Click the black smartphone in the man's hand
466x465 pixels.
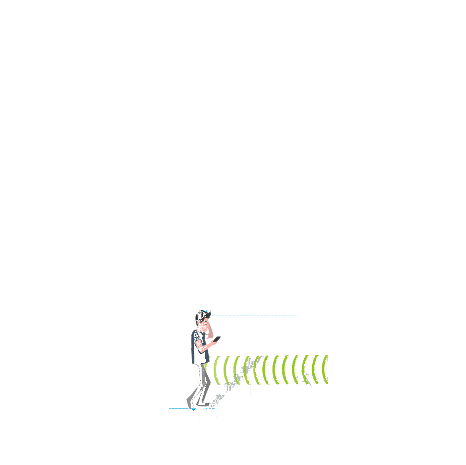217,339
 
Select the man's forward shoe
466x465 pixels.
204,404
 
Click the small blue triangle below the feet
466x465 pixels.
193,409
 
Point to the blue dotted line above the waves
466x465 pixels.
253,316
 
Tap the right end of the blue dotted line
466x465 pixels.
296,316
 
